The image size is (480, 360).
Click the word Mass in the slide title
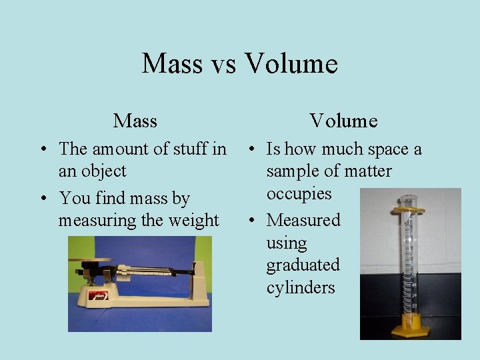(172, 64)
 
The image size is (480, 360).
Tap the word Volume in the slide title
(291, 64)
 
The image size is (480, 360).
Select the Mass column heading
(135, 121)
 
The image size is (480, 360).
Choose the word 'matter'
(366, 171)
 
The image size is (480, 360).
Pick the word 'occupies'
(299, 194)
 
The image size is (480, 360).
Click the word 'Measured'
(303, 220)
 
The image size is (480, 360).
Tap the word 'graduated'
(303, 265)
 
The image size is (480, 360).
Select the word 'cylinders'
(301, 288)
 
